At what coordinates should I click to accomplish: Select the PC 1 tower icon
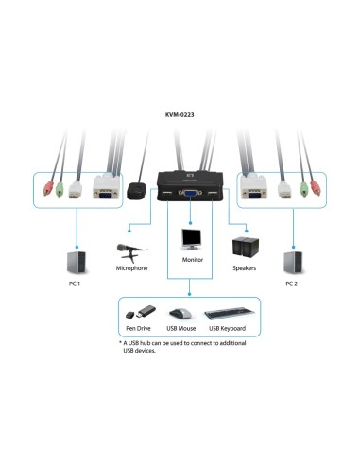coord(75,261)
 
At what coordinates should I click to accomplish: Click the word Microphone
coord(131,268)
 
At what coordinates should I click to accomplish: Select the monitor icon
coord(193,239)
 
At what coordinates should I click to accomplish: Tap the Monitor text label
coord(193,259)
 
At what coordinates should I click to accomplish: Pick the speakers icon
coord(246,247)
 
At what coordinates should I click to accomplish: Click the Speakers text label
coord(247,268)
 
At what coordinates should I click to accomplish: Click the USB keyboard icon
coord(227,313)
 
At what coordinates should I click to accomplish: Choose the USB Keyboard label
coord(227,328)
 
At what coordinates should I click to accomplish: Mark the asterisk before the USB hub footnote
coord(121,342)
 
